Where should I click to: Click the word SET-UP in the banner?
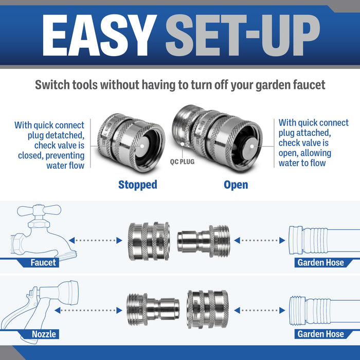[243, 35]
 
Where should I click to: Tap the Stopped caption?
[138, 185]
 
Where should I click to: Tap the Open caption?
[236, 185]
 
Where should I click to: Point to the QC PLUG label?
[182, 162]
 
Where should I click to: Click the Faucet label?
[43, 262]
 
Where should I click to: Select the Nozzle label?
[44, 334]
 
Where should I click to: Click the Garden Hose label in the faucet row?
[320, 262]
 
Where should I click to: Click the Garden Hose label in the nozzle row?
[320, 334]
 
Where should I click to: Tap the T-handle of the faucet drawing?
[39, 210]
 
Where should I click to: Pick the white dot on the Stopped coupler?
[142, 146]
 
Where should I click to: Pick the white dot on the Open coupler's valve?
[252, 146]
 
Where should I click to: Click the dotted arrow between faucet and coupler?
[96, 240]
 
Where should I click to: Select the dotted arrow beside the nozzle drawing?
[88, 311]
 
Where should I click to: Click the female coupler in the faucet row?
[149, 241]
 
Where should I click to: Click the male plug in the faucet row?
[204, 241]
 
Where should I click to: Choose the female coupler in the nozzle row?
[208, 309]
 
